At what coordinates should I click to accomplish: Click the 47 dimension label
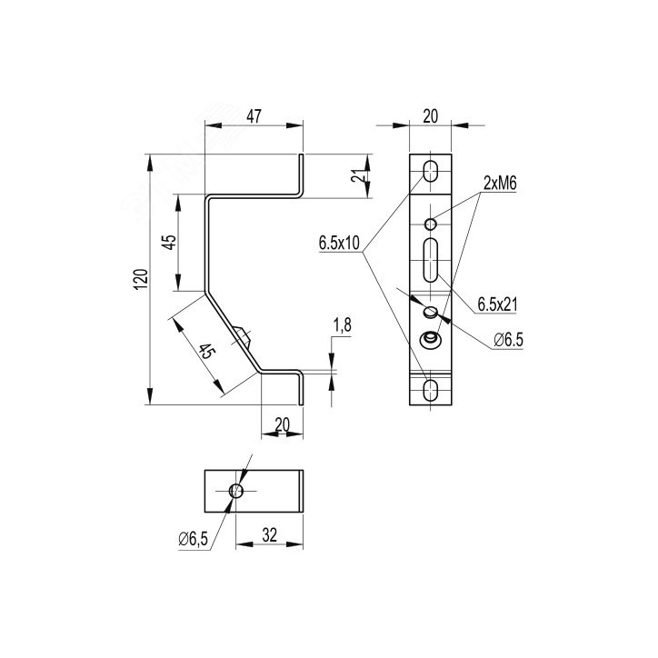pos(254,116)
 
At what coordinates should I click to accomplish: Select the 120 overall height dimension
pos(141,279)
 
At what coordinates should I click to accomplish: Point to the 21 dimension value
pos(356,176)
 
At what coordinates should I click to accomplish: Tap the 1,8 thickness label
pos(343,325)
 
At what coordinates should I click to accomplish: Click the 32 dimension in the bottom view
pos(269,535)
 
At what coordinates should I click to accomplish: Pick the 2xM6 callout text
pos(500,183)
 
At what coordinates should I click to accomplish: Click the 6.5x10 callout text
pos(339,243)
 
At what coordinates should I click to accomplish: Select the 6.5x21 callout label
pos(497,304)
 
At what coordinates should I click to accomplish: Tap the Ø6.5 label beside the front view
pos(509,340)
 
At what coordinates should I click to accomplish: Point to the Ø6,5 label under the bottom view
pos(193,539)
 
